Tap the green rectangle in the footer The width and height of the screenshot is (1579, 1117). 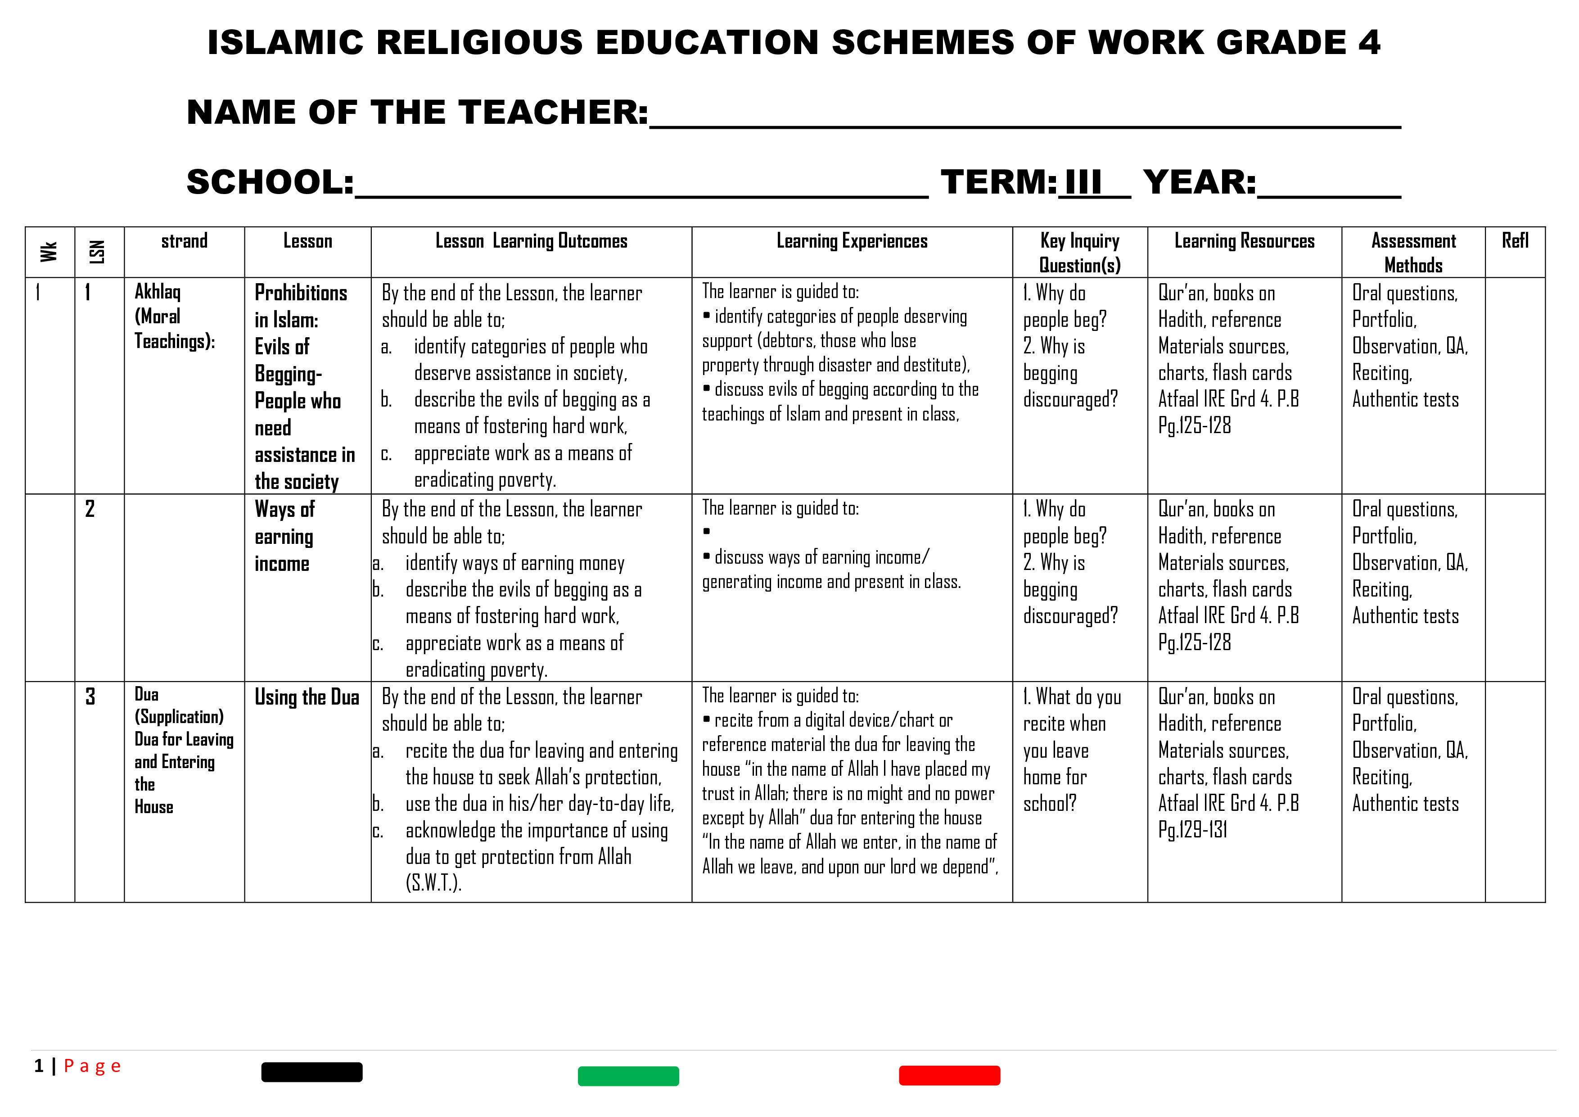tap(628, 1076)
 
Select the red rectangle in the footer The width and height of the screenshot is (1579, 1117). tap(949, 1075)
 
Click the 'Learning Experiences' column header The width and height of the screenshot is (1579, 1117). tap(852, 241)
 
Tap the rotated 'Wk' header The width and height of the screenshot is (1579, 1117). tap(49, 252)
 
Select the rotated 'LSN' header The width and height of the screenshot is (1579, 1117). tap(98, 252)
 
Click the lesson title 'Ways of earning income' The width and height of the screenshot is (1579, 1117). tap(284, 537)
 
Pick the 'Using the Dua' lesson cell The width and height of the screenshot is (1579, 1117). tap(307, 697)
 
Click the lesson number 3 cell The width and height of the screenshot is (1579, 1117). tap(90, 697)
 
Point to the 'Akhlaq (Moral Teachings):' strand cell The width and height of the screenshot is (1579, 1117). tap(174, 317)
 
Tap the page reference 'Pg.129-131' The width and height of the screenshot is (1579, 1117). tap(1192, 830)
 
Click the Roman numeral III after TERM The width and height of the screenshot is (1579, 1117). tap(1083, 183)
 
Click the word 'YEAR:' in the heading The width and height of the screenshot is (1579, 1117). tap(1200, 183)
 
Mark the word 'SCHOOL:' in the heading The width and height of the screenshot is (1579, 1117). tap(270, 183)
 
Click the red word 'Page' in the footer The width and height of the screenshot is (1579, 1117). tap(92, 1066)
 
